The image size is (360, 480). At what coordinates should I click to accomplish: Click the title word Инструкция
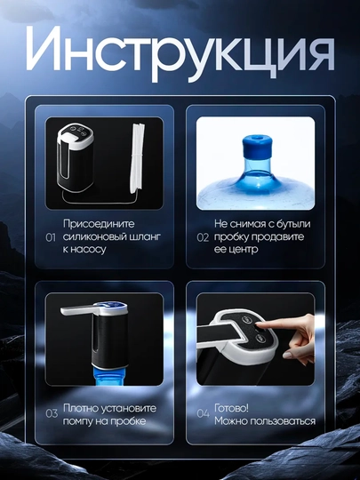pyautogui.click(x=180, y=53)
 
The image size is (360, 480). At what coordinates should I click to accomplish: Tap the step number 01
pyautogui.click(x=51, y=237)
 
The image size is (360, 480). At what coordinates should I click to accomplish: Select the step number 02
pyautogui.click(x=203, y=237)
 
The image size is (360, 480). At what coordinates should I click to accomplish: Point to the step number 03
pyautogui.click(x=52, y=413)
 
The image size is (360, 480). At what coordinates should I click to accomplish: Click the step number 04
pyautogui.click(x=203, y=413)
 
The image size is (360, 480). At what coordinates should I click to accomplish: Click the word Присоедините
pyautogui.click(x=99, y=224)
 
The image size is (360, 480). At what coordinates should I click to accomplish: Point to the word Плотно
pyautogui.click(x=81, y=408)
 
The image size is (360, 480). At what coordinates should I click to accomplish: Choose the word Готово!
pyautogui.click(x=231, y=408)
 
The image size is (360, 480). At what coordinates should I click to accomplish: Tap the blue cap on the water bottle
pyautogui.click(x=257, y=146)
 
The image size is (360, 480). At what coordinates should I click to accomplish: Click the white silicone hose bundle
pyautogui.click(x=138, y=158)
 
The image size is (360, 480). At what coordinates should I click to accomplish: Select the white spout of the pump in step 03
pyautogui.click(x=80, y=310)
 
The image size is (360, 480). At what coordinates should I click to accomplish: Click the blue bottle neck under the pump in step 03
pyautogui.click(x=109, y=376)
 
